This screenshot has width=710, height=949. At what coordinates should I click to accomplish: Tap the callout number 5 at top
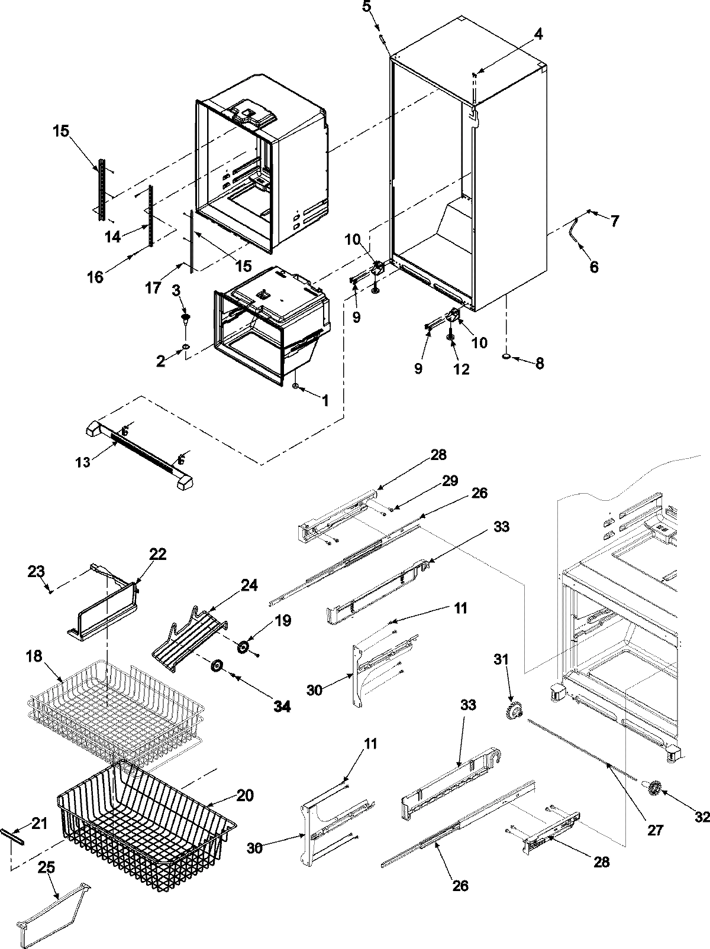(x=367, y=8)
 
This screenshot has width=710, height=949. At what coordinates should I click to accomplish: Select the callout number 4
(x=537, y=35)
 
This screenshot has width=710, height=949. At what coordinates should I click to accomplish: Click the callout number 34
(x=282, y=705)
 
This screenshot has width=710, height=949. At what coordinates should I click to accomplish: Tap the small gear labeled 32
(x=654, y=787)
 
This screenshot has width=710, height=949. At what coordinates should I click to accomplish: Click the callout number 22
(x=157, y=554)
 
